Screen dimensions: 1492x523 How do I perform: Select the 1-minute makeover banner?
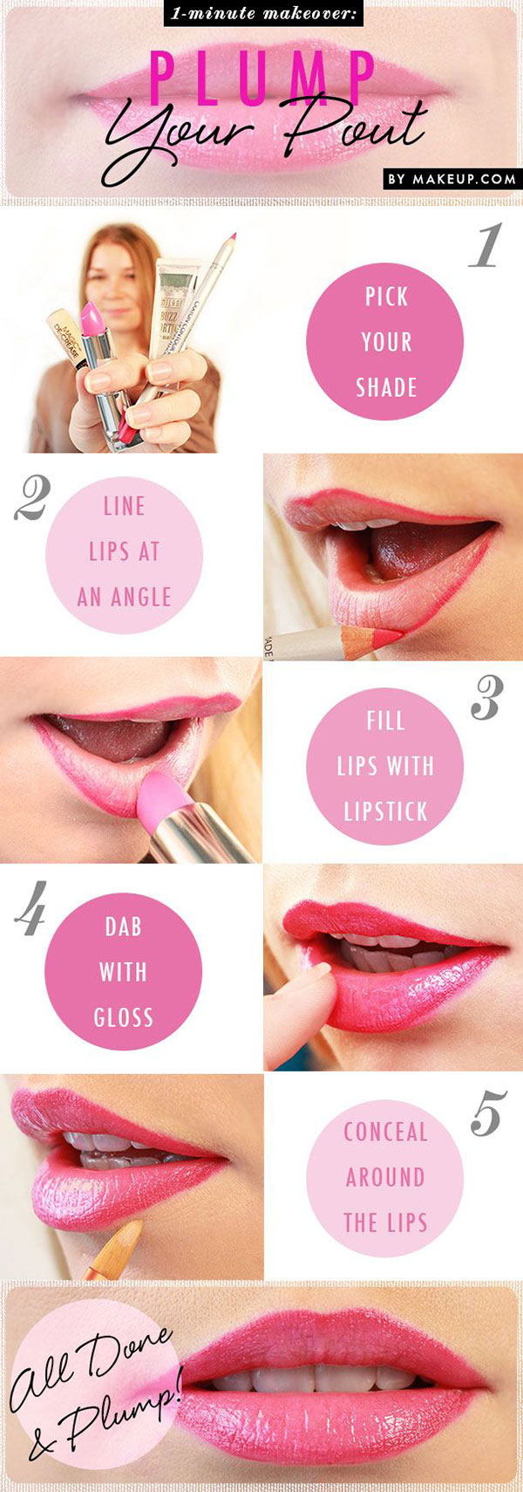(262, 14)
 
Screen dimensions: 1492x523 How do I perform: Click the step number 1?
(486, 245)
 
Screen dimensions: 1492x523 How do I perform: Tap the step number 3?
(486, 698)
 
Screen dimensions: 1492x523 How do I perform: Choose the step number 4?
(31, 913)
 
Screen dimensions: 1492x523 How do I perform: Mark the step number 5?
(488, 1116)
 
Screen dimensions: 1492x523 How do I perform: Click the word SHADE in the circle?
(386, 387)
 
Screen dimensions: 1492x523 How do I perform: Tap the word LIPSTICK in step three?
(385, 811)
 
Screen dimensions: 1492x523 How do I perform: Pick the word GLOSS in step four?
(124, 1017)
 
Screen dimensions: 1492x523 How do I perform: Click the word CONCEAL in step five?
(385, 1132)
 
